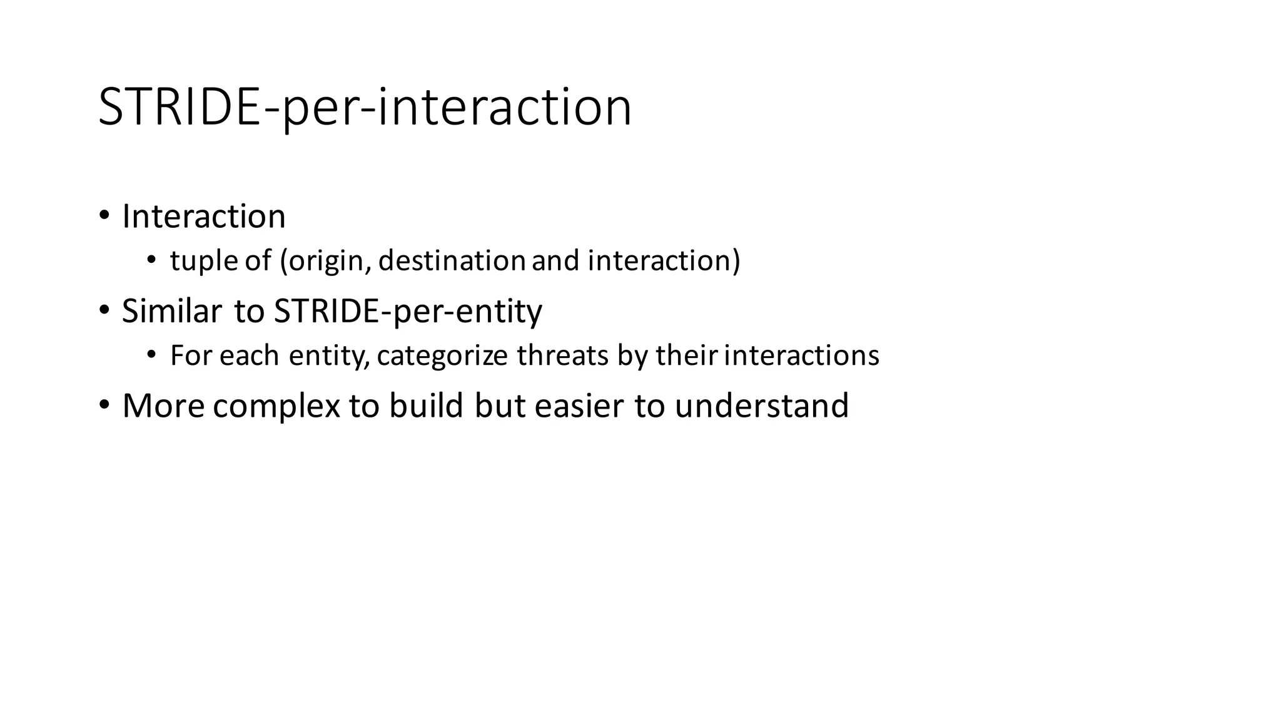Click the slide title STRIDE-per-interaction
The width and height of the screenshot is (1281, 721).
365,108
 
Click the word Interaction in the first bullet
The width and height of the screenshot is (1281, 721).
204,217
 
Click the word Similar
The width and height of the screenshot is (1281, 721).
172,310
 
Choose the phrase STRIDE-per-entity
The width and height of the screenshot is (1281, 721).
408,311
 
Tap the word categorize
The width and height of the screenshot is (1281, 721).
442,355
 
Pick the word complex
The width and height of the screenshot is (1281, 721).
276,406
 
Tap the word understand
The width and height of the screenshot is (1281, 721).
761,406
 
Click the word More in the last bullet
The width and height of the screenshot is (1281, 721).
163,406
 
